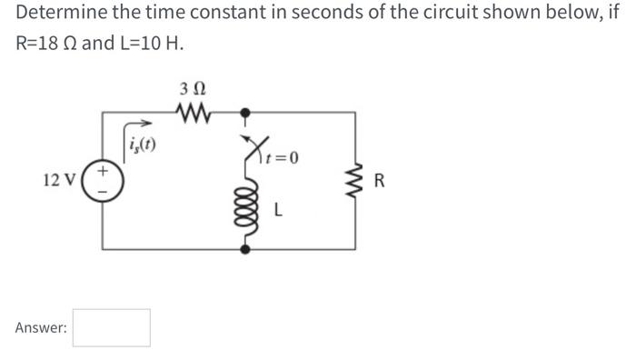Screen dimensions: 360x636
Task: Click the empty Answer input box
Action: [x=112, y=327]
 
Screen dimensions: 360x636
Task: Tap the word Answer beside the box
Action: [x=40, y=328]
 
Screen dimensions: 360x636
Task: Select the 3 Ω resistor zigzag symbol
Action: [x=193, y=113]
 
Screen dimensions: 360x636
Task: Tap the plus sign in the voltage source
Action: [x=104, y=169]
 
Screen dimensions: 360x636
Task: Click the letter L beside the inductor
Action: [x=278, y=211]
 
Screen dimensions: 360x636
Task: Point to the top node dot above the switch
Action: [x=244, y=113]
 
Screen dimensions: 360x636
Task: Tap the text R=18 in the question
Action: [x=45, y=44]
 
